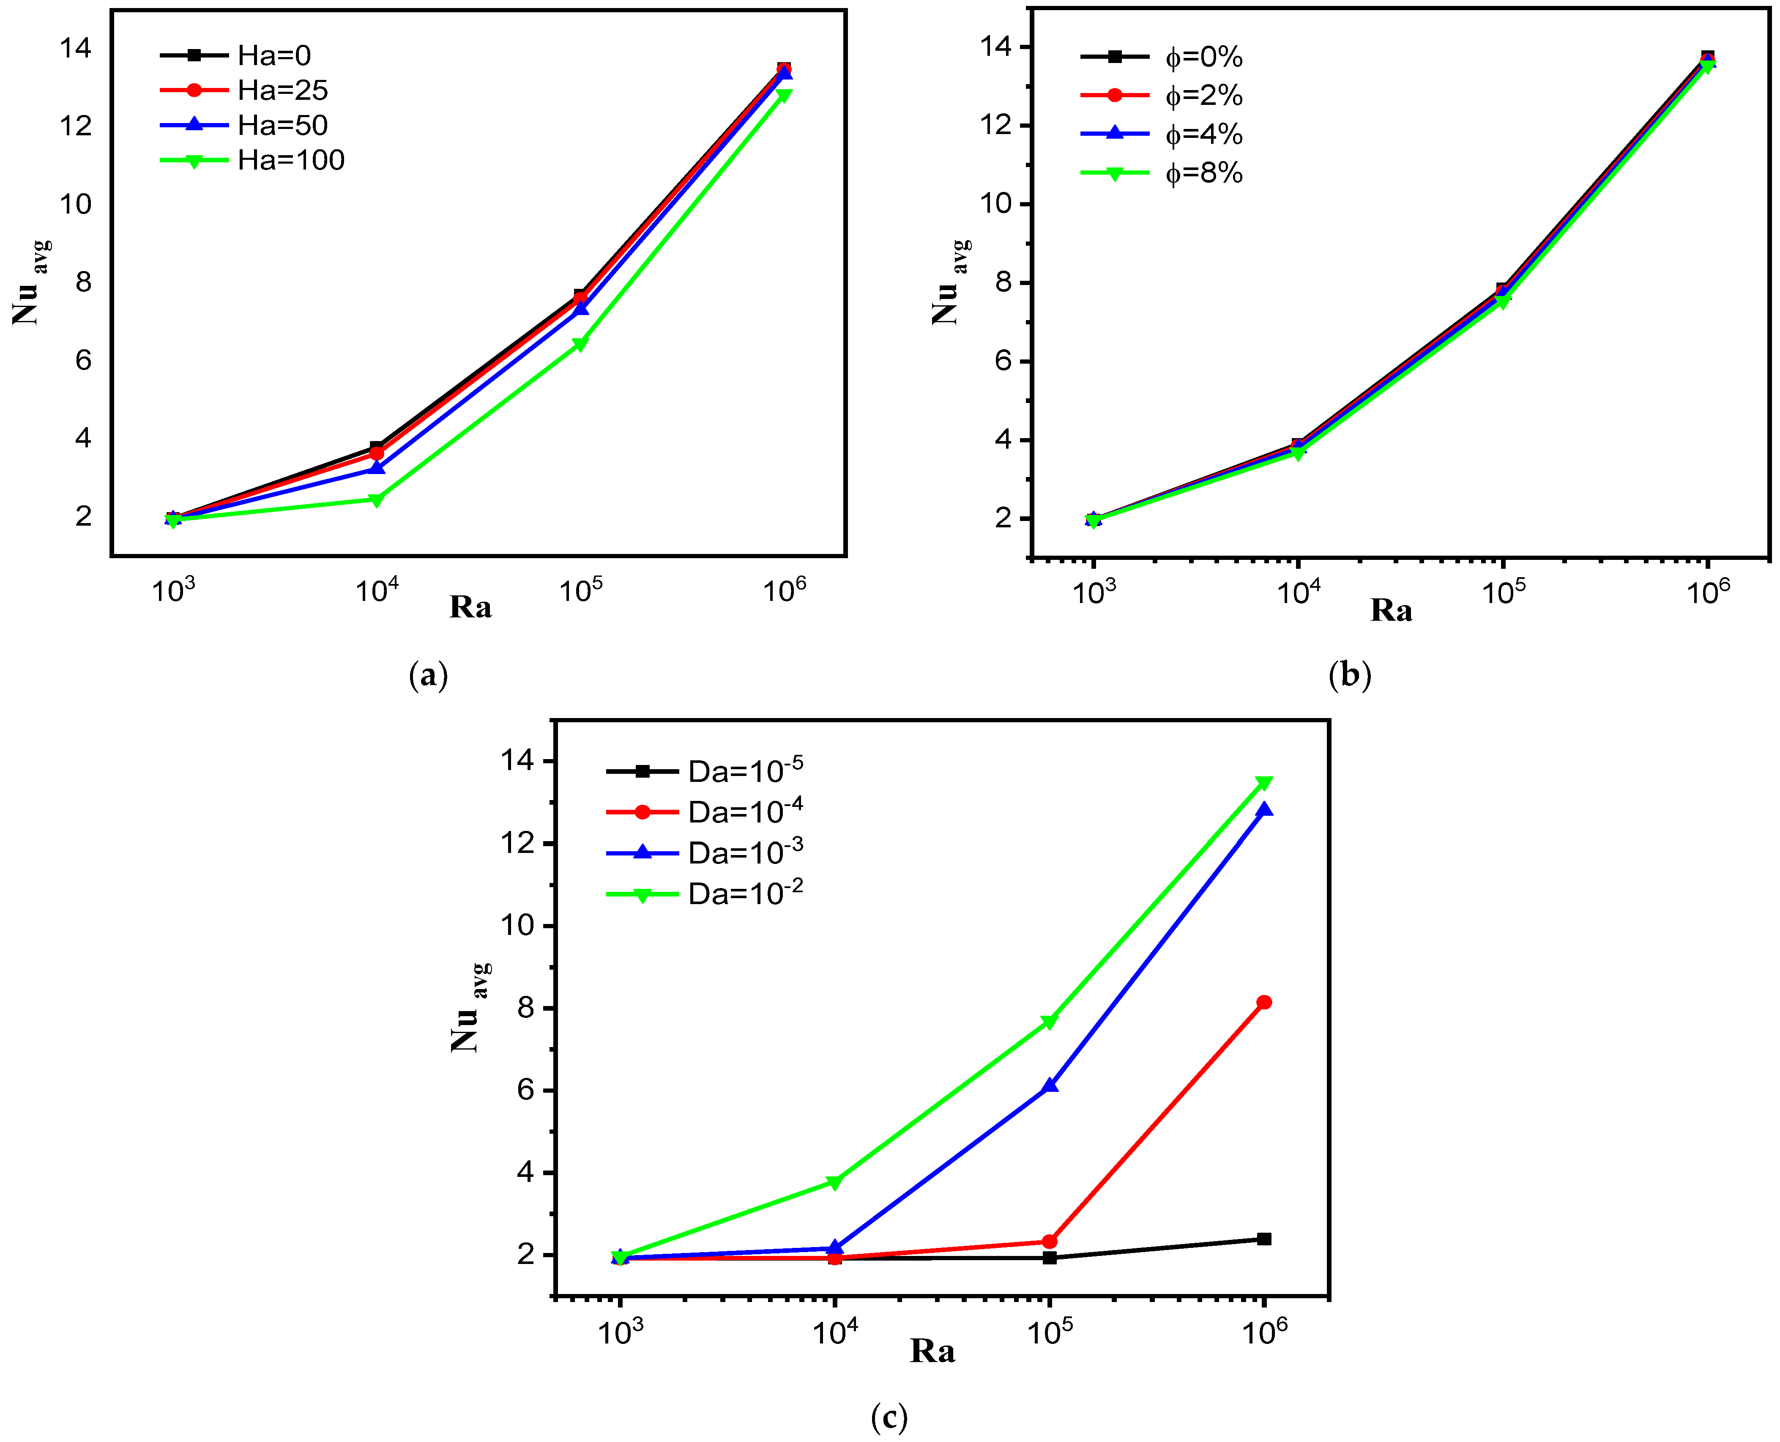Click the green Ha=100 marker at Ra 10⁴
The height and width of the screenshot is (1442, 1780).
[376, 499]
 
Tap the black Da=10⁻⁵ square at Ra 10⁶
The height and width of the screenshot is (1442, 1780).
[1263, 1239]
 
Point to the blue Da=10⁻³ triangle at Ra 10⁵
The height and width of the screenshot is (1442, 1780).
[1050, 1085]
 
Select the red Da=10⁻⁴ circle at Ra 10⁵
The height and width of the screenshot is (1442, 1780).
[1050, 1241]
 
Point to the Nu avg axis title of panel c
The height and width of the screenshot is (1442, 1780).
[470, 1007]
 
